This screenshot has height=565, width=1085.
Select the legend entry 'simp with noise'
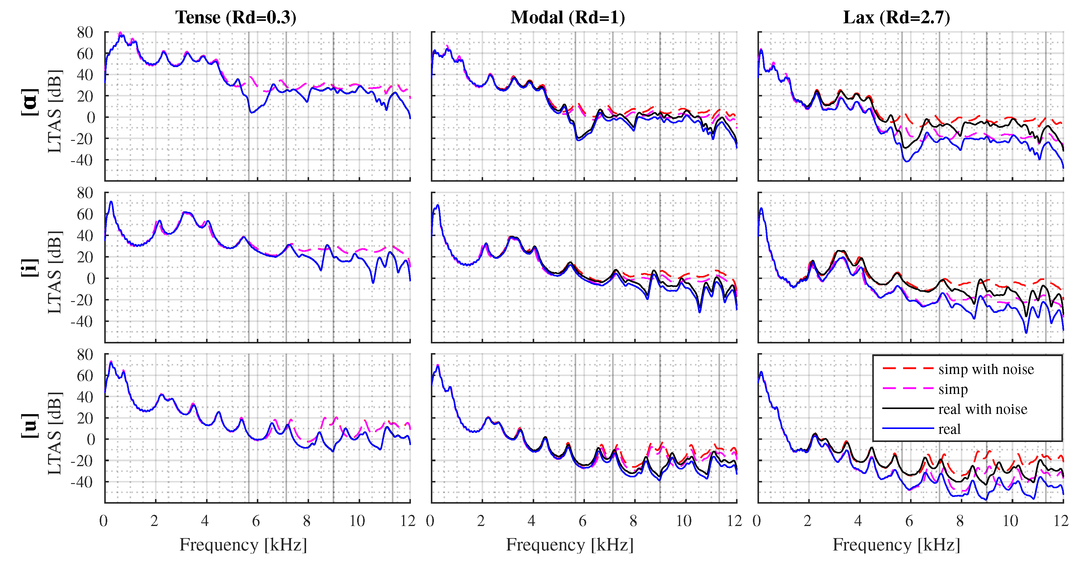point(986,369)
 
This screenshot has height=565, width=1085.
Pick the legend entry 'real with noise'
point(982,409)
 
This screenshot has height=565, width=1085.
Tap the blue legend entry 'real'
point(949,429)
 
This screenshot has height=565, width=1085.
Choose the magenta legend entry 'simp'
point(953,389)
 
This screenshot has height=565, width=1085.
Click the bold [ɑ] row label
point(30,102)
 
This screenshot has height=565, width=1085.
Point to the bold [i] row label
point(30,268)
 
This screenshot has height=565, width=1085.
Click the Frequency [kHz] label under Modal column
point(570,545)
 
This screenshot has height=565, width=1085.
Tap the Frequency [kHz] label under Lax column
point(896,545)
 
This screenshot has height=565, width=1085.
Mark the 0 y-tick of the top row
point(91,118)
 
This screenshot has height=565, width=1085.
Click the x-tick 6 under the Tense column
point(256,521)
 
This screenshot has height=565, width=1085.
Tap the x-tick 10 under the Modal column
point(683,521)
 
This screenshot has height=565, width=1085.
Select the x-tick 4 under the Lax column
point(858,521)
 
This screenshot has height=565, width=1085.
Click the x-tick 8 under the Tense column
point(307,521)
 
